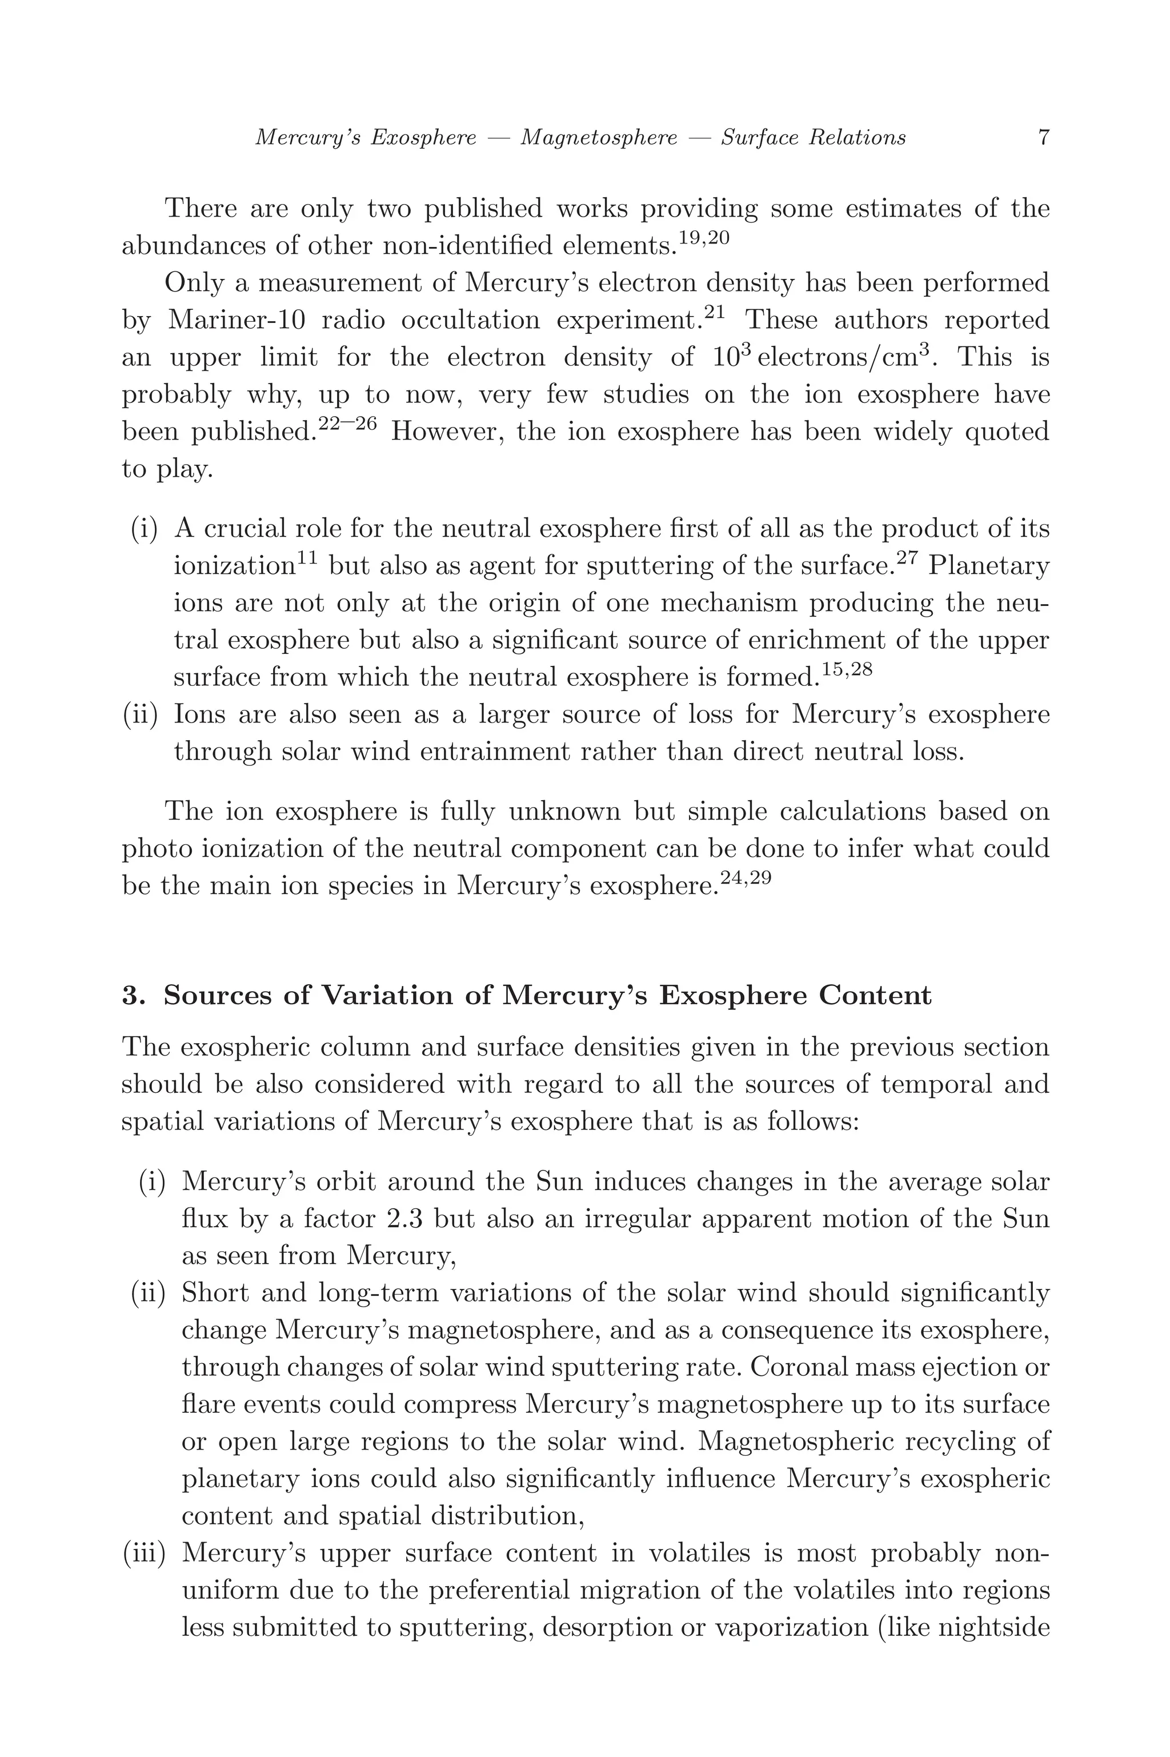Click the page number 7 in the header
point(1043,137)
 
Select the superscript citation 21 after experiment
point(714,313)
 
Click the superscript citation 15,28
point(846,669)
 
